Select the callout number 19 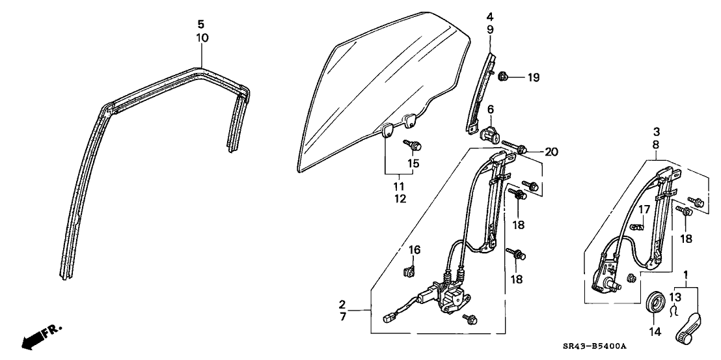click(534, 78)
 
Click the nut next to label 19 click(504, 78)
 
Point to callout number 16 click(414, 250)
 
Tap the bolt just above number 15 click(411, 145)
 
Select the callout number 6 click(491, 109)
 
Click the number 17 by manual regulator click(644, 209)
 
